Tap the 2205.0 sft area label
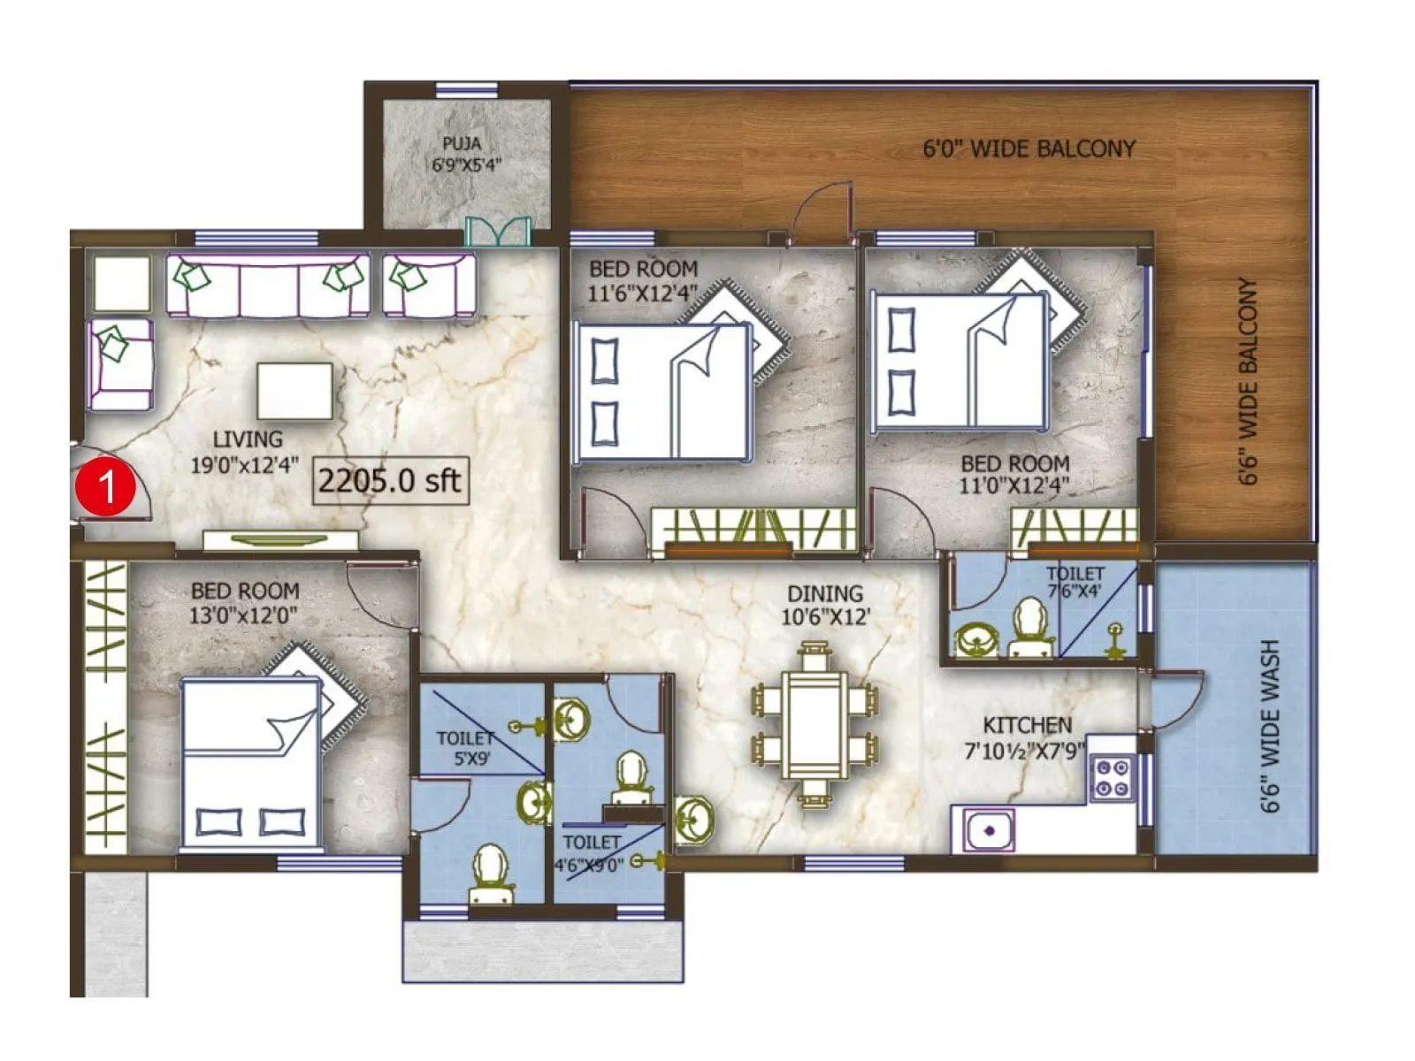pos(389,481)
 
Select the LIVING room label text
pos(247,451)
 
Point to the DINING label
pos(825,605)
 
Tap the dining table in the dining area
pos(815,727)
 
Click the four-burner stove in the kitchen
pos(1112,777)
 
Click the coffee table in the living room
pos(294,391)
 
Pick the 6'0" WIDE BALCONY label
pos(1029,149)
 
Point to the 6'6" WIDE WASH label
pos(1269,727)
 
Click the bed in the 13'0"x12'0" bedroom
pos(250,762)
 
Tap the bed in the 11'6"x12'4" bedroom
pos(662,391)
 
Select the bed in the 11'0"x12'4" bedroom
pos(960,361)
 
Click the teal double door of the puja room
pos(498,231)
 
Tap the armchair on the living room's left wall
pos(119,364)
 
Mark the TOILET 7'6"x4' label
pos(1074,583)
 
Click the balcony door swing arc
pos(823,207)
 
